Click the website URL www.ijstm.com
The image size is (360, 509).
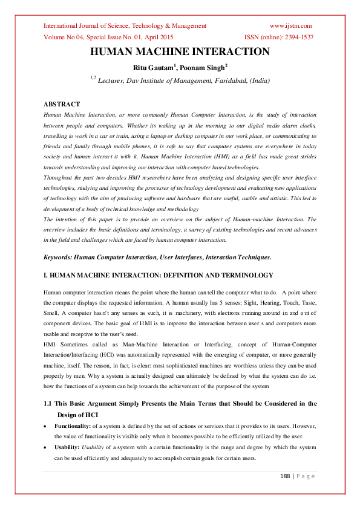[x=290, y=25]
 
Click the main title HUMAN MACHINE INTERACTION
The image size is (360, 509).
[x=180, y=52]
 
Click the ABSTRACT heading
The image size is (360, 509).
[x=62, y=105]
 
